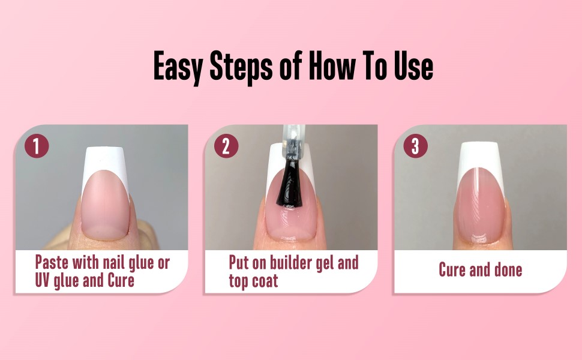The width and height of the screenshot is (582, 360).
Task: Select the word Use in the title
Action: click(x=412, y=66)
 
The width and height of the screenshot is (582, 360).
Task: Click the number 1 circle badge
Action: click(x=37, y=146)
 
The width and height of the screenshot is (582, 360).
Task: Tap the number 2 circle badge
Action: click(x=226, y=146)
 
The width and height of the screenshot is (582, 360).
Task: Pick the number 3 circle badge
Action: click(x=415, y=146)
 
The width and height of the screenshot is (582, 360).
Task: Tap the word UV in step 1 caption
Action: click(x=45, y=280)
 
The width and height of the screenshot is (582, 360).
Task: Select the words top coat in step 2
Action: click(x=253, y=281)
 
